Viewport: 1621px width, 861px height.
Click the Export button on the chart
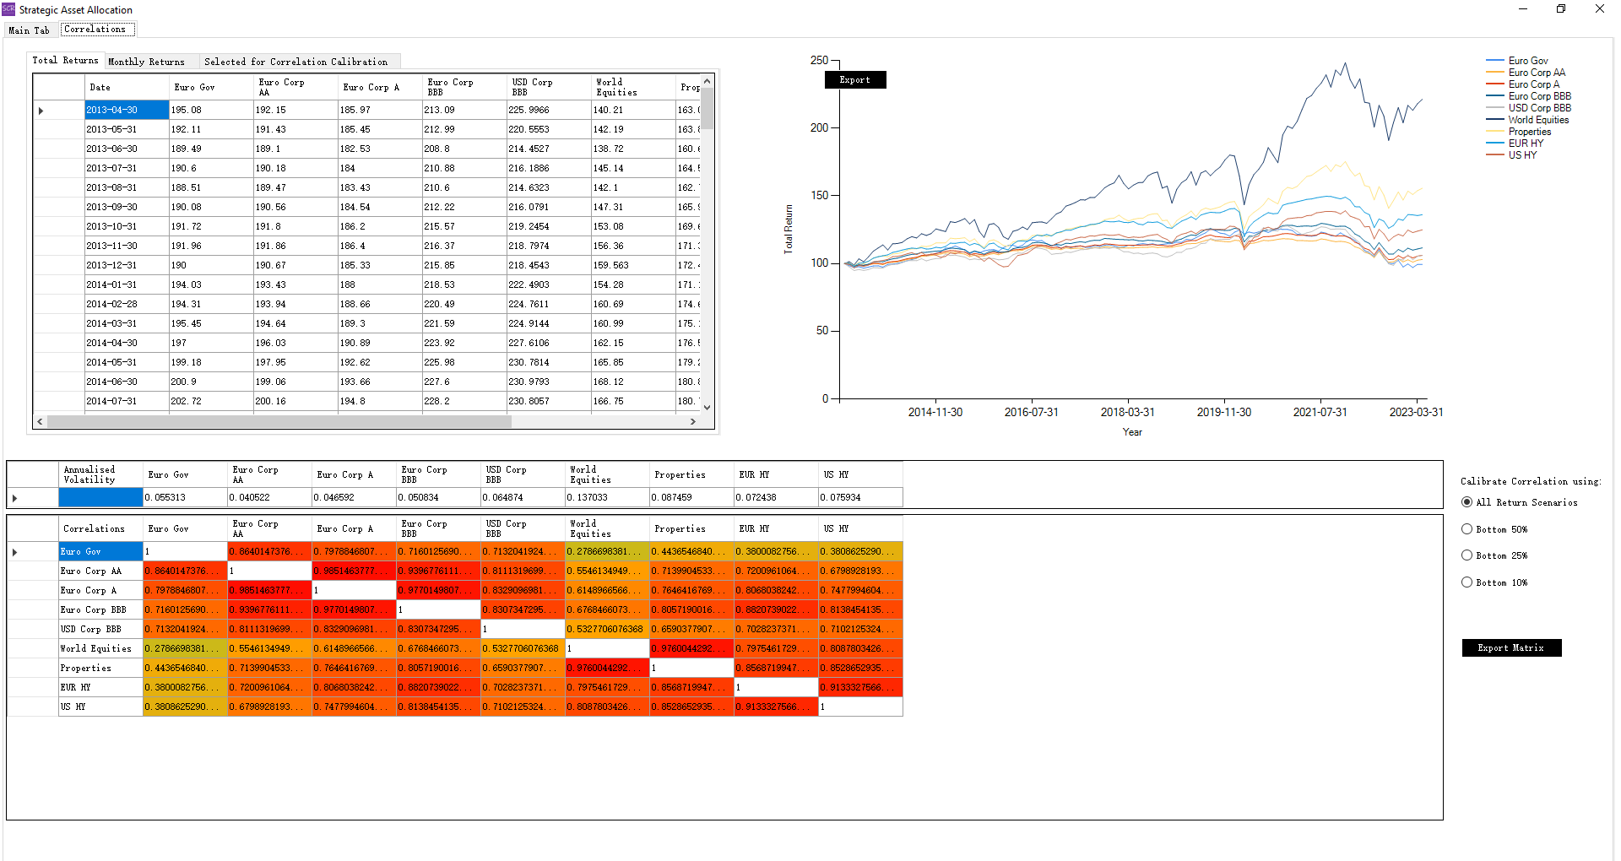(x=854, y=80)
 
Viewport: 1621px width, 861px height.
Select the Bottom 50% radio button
(x=1467, y=529)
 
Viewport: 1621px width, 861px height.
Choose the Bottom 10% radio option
(x=1467, y=582)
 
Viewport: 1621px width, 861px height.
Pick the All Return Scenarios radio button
(x=1467, y=502)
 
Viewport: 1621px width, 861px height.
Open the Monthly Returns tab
(x=146, y=62)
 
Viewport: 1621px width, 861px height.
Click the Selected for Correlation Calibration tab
(x=295, y=62)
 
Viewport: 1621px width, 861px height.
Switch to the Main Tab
(x=29, y=30)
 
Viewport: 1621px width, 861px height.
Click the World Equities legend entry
(x=1538, y=120)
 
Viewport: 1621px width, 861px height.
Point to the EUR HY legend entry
(x=1526, y=143)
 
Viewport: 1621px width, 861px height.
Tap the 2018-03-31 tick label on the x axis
(x=1127, y=412)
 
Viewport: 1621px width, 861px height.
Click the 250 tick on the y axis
(x=819, y=61)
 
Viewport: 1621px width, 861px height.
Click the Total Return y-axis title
(x=789, y=229)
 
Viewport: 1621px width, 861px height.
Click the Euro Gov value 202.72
(x=186, y=401)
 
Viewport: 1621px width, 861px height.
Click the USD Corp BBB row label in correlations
(x=91, y=629)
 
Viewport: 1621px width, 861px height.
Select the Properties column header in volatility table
(x=680, y=474)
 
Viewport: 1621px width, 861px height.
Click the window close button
(x=1599, y=9)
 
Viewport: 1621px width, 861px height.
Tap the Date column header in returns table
(x=100, y=87)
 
